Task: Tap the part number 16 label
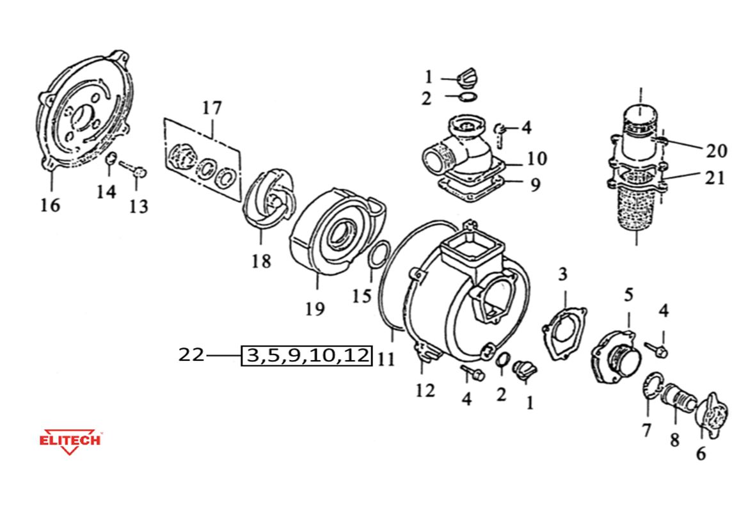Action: [50, 205]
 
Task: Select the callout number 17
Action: [212, 108]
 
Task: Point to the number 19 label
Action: [315, 310]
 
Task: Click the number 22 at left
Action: [191, 354]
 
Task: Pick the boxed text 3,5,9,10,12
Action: [306, 355]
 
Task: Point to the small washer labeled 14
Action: [109, 159]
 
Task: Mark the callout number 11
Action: [386, 359]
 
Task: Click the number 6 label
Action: [701, 454]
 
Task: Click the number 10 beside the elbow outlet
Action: [537, 158]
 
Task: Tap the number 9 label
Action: [535, 185]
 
